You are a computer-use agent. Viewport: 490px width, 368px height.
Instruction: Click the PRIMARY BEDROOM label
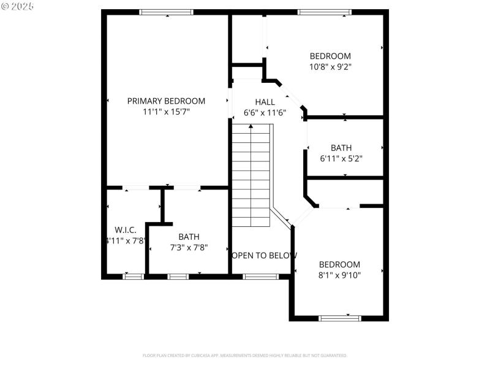point(166,101)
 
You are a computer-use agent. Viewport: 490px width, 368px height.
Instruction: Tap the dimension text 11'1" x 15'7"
point(166,112)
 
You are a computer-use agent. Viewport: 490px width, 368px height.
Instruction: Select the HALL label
point(265,102)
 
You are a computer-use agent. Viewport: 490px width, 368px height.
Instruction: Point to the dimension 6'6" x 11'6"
point(265,112)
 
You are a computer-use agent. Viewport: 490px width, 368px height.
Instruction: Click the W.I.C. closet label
point(126,230)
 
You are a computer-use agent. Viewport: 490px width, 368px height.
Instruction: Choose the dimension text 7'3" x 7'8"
point(188,248)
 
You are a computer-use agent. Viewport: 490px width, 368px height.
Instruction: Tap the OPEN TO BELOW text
point(264,255)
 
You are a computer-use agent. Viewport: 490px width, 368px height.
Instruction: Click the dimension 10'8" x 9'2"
point(330,66)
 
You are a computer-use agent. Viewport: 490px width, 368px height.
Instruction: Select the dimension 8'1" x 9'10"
point(339,275)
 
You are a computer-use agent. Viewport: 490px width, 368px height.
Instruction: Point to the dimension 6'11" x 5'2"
point(341,158)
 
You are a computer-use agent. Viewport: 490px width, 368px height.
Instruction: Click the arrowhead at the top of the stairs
point(251,126)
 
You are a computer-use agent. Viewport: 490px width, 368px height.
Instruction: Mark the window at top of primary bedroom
point(167,12)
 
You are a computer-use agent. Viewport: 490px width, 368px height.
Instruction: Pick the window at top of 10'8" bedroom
point(324,12)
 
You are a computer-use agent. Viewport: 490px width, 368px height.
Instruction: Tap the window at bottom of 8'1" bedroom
point(339,318)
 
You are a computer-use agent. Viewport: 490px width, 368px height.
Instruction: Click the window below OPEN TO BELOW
point(261,277)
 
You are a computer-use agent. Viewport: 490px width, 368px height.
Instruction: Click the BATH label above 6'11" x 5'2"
point(341,148)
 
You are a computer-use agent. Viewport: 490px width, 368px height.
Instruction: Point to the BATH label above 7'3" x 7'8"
point(189,237)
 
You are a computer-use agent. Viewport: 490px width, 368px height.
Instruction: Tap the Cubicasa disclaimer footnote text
point(245,356)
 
